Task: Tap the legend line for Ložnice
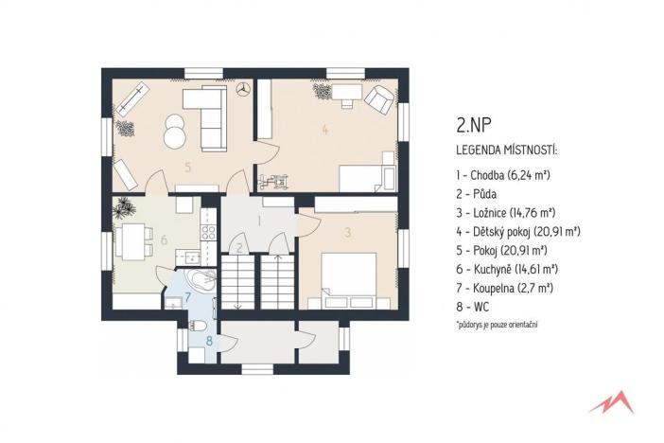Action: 511,212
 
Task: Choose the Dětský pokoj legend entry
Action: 518,231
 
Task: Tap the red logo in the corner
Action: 610,402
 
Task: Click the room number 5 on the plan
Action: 187,168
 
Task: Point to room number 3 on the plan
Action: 347,231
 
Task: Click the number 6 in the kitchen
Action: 164,240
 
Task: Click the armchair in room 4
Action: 380,97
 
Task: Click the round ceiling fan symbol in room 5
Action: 241,89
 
